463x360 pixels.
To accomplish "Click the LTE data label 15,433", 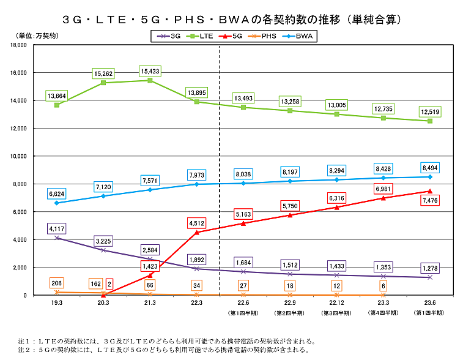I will [x=149, y=72].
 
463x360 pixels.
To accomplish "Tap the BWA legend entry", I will [x=300, y=36].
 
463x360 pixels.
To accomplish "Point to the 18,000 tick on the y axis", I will [x=19, y=45].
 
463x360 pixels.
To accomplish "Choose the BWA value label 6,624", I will [x=56, y=193].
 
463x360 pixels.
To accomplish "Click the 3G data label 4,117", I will [x=56, y=229].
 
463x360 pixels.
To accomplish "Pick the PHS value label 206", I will [x=56, y=283].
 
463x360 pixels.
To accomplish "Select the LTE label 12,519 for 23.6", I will [x=430, y=112].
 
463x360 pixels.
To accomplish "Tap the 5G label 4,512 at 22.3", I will [x=196, y=223].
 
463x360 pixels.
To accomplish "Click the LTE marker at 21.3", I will [x=150, y=80].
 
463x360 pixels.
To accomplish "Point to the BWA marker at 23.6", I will [x=430, y=177].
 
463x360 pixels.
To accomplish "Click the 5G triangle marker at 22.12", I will [x=336, y=207].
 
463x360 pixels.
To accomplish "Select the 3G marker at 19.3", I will [x=56, y=238].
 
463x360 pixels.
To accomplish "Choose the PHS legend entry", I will [x=264, y=36].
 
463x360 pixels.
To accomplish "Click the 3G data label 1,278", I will [x=430, y=268].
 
